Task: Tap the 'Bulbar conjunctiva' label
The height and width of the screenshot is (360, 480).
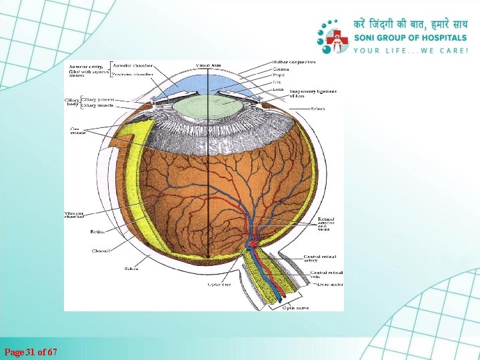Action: (x=293, y=62)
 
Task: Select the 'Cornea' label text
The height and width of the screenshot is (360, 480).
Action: (x=280, y=69)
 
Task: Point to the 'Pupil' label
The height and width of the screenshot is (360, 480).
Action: (x=278, y=75)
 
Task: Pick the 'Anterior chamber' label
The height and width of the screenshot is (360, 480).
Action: (x=133, y=65)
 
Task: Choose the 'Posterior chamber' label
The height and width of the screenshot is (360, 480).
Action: (x=133, y=74)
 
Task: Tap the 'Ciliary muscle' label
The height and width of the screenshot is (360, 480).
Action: (x=97, y=105)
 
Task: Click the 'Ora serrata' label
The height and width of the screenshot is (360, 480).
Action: (x=78, y=131)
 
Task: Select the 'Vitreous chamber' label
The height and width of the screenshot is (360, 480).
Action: (x=75, y=214)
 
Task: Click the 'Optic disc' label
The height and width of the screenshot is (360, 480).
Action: (x=219, y=285)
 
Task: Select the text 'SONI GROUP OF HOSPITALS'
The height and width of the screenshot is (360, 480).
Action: (x=410, y=38)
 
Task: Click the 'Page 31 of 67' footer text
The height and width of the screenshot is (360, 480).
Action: (x=31, y=351)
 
